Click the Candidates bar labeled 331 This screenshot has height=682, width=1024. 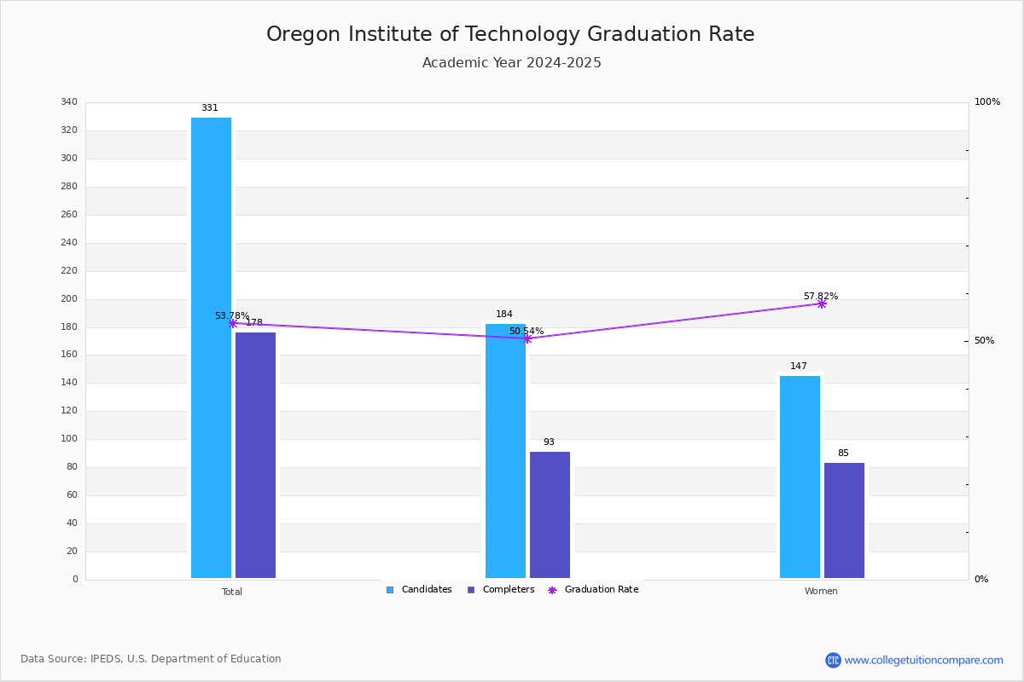point(212,348)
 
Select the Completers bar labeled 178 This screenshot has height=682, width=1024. point(255,455)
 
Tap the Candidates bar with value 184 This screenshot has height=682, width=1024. point(505,451)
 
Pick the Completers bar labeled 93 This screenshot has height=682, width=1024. point(550,515)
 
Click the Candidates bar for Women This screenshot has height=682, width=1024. point(800,477)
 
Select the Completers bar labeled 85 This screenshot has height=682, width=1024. point(844,520)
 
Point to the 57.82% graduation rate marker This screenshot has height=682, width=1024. point(822,303)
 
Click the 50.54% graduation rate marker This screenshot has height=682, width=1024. point(527,338)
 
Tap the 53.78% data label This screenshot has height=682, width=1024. point(232,315)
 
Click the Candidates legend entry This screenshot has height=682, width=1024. point(419,589)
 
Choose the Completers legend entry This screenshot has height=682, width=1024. point(501,589)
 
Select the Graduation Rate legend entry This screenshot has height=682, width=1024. point(593,589)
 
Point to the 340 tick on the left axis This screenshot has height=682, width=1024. point(69,101)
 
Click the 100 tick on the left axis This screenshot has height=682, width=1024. point(69,438)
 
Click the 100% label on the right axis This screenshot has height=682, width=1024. point(987,101)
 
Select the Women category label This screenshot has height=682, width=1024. point(821,591)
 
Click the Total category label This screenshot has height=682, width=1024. point(232,592)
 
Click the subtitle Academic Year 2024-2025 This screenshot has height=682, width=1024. point(511,62)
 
